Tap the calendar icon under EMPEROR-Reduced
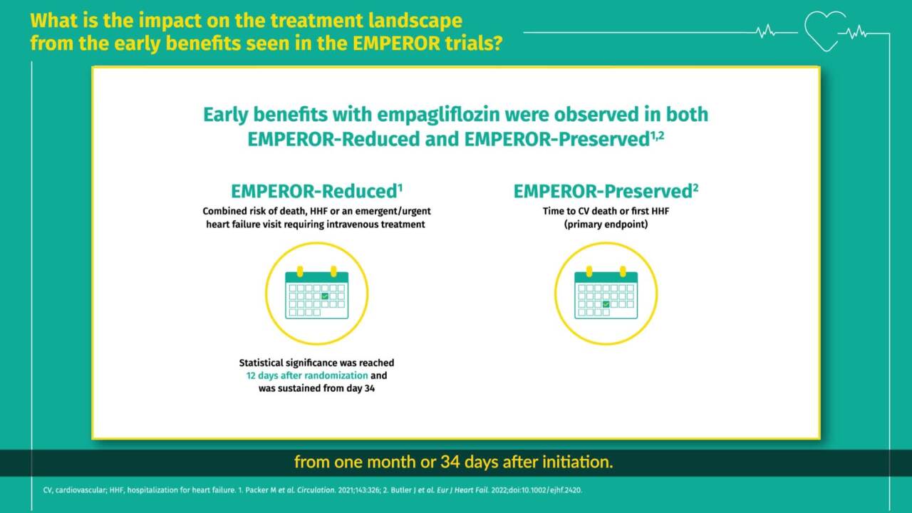click(x=317, y=293)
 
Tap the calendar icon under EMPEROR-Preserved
click(x=606, y=293)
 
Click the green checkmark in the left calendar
click(x=325, y=296)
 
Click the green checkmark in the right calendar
click(x=606, y=304)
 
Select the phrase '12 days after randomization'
click(x=303, y=375)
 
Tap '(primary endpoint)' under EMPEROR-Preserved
click(x=605, y=224)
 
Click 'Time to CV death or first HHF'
click(x=605, y=212)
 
